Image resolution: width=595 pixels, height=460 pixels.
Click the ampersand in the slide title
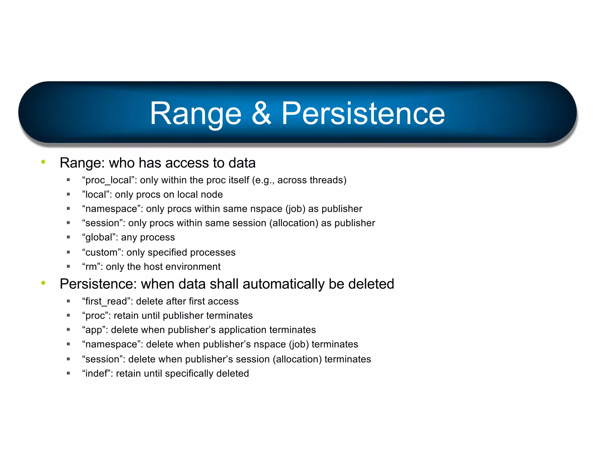pyautogui.click(x=261, y=114)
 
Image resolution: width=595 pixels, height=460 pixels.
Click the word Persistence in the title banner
pyautogui.click(x=363, y=114)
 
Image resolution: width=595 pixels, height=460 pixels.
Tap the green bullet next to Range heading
pyautogui.click(x=43, y=162)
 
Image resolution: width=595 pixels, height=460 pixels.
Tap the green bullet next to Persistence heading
pyautogui.click(x=43, y=283)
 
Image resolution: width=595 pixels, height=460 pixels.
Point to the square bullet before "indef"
pyautogui.click(x=68, y=373)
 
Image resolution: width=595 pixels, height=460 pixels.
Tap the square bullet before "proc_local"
pyautogui.click(x=68, y=180)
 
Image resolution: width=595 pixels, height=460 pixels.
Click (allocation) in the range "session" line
pyautogui.click(x=294, y=223)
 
